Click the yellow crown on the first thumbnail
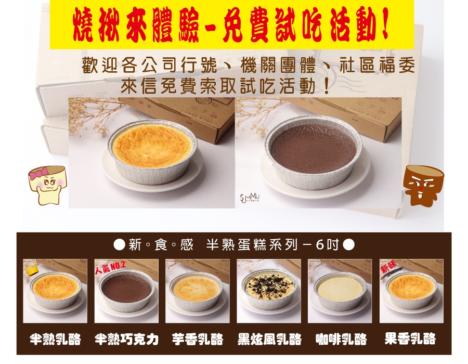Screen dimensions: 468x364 [31, 269]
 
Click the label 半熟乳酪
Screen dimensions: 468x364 [55, 339]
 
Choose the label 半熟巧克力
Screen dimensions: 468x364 [126, 339]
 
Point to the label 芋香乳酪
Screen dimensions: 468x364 [198, 339]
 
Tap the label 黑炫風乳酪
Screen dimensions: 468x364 [269, 339]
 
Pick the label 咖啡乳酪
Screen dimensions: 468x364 [341, 339]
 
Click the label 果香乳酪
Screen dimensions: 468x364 [410, 339]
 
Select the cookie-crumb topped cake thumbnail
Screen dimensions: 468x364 [269, 291]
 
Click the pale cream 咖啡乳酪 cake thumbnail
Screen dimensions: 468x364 [340, 291]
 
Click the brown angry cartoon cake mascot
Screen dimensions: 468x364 [423, 185]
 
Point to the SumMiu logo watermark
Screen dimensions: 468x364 [250, 198]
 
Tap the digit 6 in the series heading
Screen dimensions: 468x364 [320, 245]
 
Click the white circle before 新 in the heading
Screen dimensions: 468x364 [120, 245]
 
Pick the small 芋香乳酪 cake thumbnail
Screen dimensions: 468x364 [197, 291]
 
